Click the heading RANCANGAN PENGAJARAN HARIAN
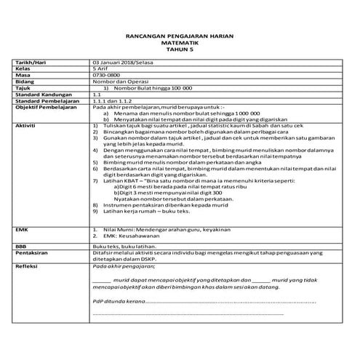point(180,36)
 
